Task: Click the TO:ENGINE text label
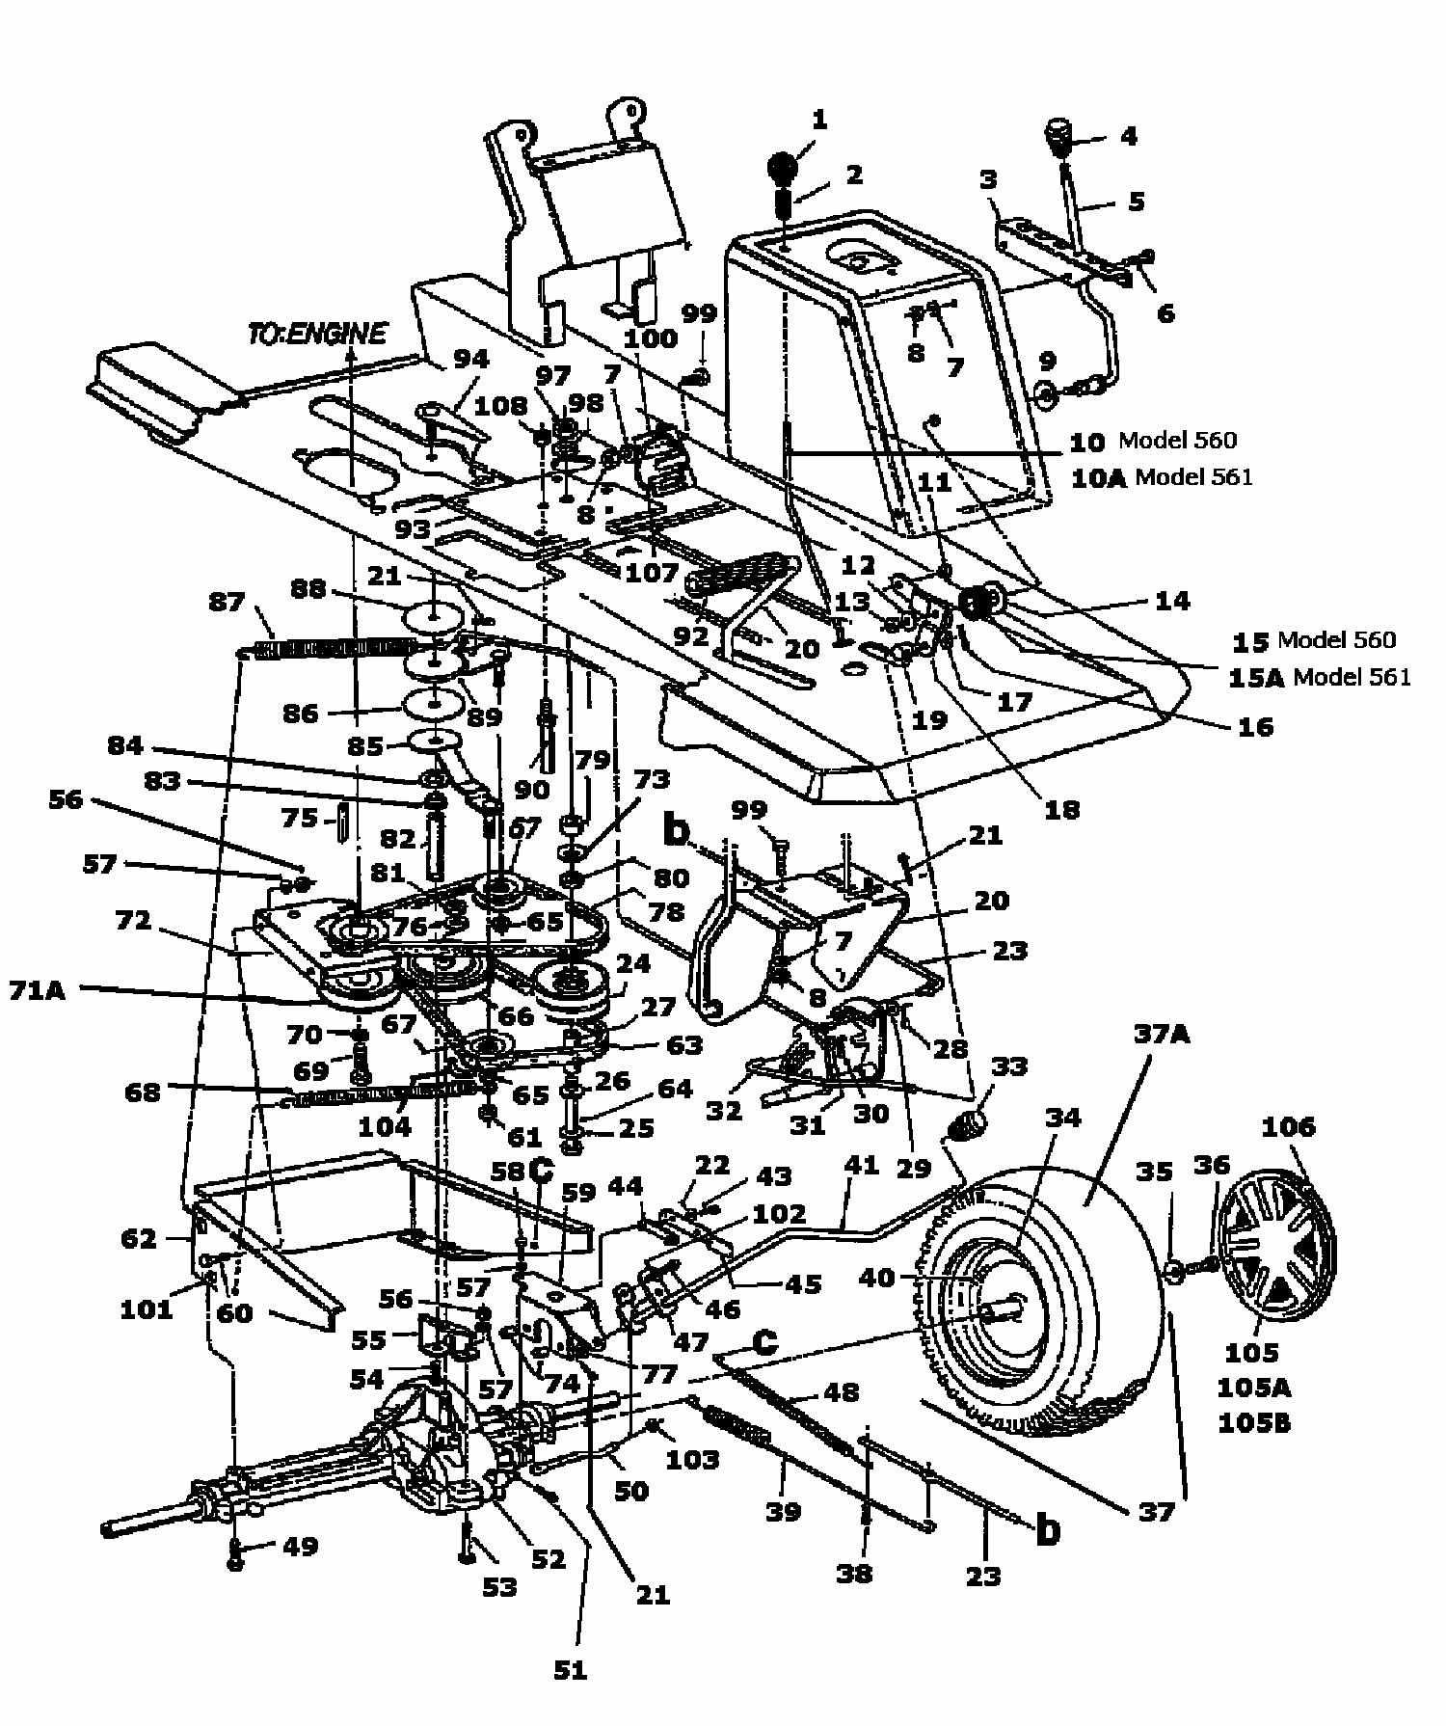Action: tap(316, 334)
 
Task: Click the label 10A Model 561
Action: tap(1161, 476)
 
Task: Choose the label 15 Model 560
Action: tap(1313, 640)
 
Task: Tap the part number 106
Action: tap(1288, 1126)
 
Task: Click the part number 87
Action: tap(227, 601)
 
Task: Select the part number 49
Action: tap(300, 1546)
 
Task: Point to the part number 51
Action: tap(571, 1669)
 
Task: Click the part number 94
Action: tap(471, 358)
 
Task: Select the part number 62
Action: tap(140, 1237)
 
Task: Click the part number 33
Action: tap(1009, 1066)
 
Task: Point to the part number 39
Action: tap(783, 1511)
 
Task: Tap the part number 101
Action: tap(146, 1308)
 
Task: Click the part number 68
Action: tap(143, 1092)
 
